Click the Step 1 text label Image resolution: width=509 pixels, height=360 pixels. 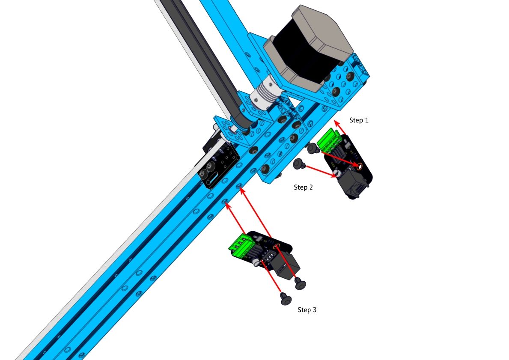pos(359,120)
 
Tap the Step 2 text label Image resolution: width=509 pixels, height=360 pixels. pos(303,187)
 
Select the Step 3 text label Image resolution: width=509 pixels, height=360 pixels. pos(307,309)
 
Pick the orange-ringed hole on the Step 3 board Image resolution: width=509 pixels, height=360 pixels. pos(277,246)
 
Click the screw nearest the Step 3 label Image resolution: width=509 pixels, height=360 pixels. pos(286,298)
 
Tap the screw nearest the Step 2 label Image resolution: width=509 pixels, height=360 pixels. pos(299,164)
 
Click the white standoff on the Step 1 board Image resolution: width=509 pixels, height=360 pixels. pos(338,173)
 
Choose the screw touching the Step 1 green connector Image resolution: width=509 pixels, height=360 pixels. pos(313,149)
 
